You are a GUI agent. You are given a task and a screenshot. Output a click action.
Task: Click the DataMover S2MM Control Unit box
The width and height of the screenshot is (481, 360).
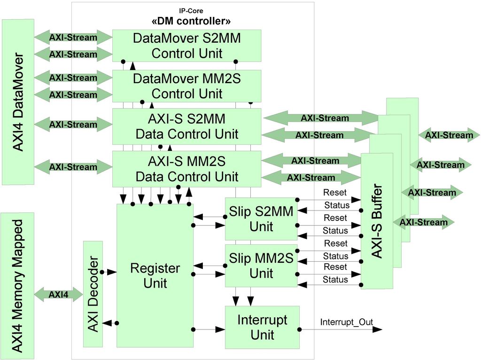[x=186, y=46]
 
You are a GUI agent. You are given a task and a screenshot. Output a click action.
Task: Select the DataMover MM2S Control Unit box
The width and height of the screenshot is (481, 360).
[x=186, y=86]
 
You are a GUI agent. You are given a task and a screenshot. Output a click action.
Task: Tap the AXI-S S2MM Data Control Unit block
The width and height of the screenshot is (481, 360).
[x=186, y=126]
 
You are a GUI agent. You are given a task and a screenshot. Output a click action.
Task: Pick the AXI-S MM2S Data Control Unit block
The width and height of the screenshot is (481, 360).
[x=186, y=169]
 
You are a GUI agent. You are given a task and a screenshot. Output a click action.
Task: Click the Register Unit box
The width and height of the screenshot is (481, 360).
[x=155, y=276]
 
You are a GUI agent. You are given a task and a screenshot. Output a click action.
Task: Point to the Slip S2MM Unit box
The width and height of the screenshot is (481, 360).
[x=261, y=219]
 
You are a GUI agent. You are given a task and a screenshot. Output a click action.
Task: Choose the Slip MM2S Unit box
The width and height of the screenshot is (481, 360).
[x=261, y=266]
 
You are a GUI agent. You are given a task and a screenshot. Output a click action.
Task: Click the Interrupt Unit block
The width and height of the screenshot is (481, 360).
[x=262, y=328]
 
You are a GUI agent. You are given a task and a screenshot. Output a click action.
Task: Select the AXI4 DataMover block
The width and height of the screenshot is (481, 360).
[x=18, y=102]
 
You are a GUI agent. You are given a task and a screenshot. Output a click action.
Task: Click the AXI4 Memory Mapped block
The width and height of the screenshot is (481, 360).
[x=18, y=286]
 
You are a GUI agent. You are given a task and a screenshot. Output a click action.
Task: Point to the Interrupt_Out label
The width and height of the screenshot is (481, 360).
[x=347, y=322]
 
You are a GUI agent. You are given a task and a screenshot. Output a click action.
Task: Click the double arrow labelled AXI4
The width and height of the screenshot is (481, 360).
[x=58, y=295]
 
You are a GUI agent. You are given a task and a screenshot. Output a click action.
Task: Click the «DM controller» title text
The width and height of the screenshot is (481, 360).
[x=192, y=21]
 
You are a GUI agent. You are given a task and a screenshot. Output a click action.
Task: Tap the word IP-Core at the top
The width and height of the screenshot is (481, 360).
[x=192, y=10]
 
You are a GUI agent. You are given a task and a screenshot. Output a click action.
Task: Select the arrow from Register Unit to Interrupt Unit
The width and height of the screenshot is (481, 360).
[x=209, y=329]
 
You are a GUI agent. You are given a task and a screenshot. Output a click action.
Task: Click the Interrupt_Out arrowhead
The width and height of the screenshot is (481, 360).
[x=378, y=329]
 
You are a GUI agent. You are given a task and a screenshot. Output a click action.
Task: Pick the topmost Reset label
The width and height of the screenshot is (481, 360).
[x=335, y=192]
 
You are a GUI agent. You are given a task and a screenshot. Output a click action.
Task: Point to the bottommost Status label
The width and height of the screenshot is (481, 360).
[x=335, y=280]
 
